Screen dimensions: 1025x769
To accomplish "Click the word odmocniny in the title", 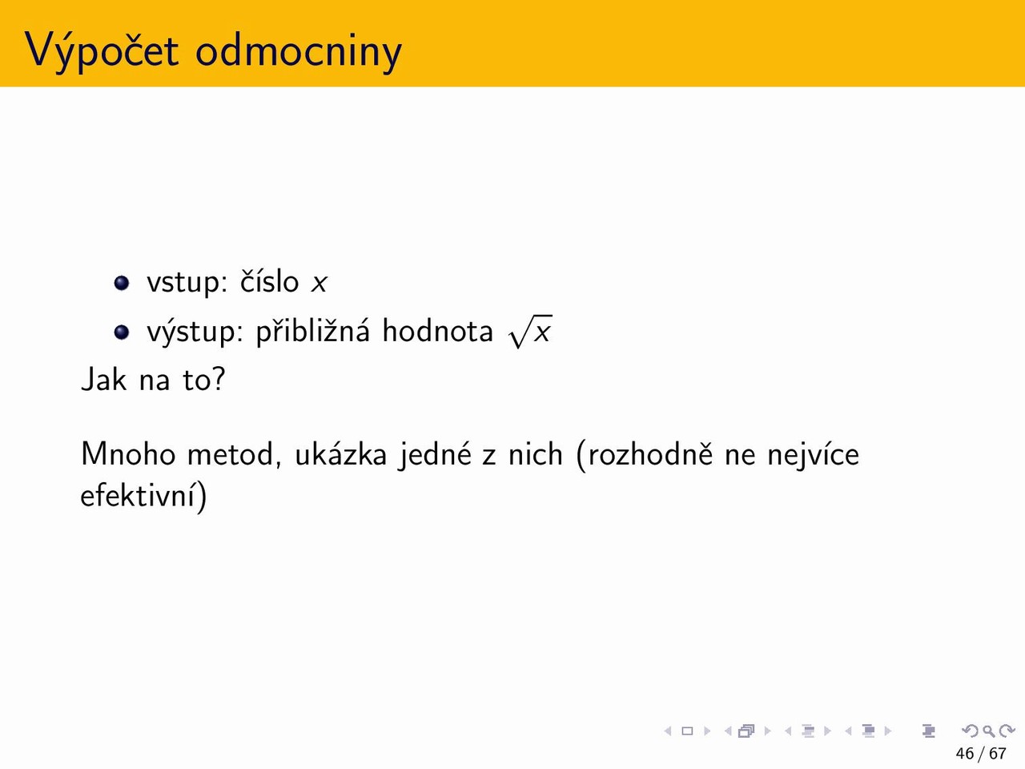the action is (299, 51).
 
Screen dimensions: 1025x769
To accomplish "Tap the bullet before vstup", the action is (122, 283).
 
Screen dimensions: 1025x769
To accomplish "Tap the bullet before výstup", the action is (122, 332).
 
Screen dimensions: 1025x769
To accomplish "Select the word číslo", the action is (269, 281).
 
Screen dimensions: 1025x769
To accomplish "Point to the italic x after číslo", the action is (320, 283).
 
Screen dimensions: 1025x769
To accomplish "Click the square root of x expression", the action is (531, 332).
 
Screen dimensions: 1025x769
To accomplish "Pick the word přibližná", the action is (313, 332).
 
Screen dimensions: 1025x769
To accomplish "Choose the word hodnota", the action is (437, 330).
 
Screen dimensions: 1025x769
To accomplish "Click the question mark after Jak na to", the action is (219, 378).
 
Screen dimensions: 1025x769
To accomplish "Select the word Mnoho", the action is (128, 453).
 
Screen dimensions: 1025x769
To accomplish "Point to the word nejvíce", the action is (814, 454).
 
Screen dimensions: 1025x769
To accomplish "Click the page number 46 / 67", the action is (981, 754).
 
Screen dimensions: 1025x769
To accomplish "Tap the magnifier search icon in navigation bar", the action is (988, 731).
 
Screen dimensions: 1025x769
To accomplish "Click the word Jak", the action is (103, 378).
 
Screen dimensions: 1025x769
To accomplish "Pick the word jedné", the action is (434, 454).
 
